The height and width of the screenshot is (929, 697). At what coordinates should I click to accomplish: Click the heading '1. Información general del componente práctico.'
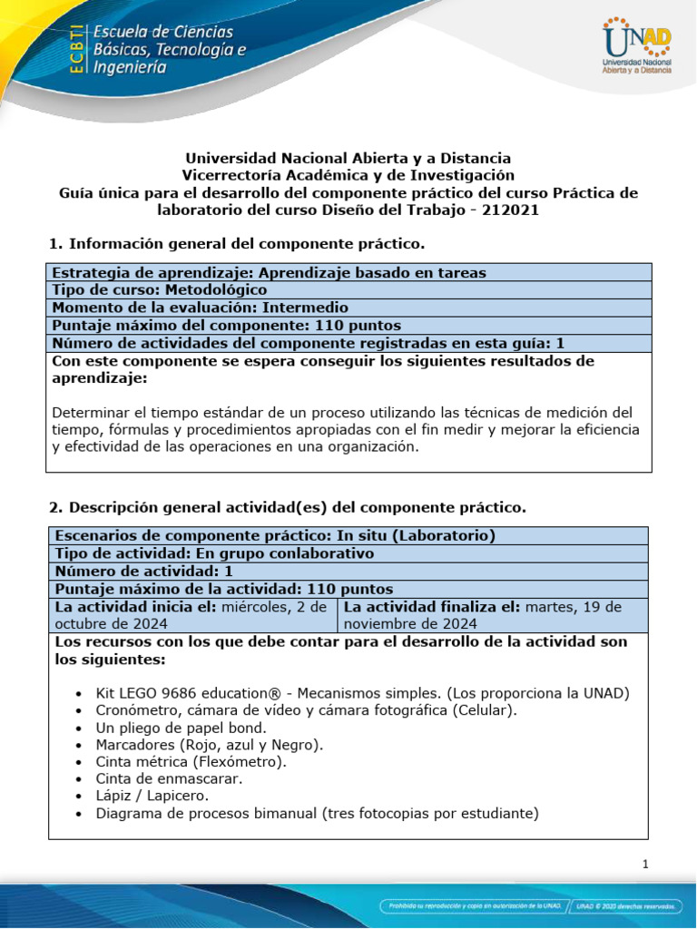tap(235, 244)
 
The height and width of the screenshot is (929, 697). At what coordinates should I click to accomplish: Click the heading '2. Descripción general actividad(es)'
tap(286, 506)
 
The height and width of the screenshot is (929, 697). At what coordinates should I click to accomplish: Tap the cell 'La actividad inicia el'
tap(191, 615)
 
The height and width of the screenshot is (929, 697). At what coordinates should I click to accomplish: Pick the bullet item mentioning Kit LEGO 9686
tap(362, 693)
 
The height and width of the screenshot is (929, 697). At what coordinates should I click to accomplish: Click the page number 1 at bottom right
tap(644, 865)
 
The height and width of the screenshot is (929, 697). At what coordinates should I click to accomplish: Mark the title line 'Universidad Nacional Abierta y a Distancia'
tap(348, 158)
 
